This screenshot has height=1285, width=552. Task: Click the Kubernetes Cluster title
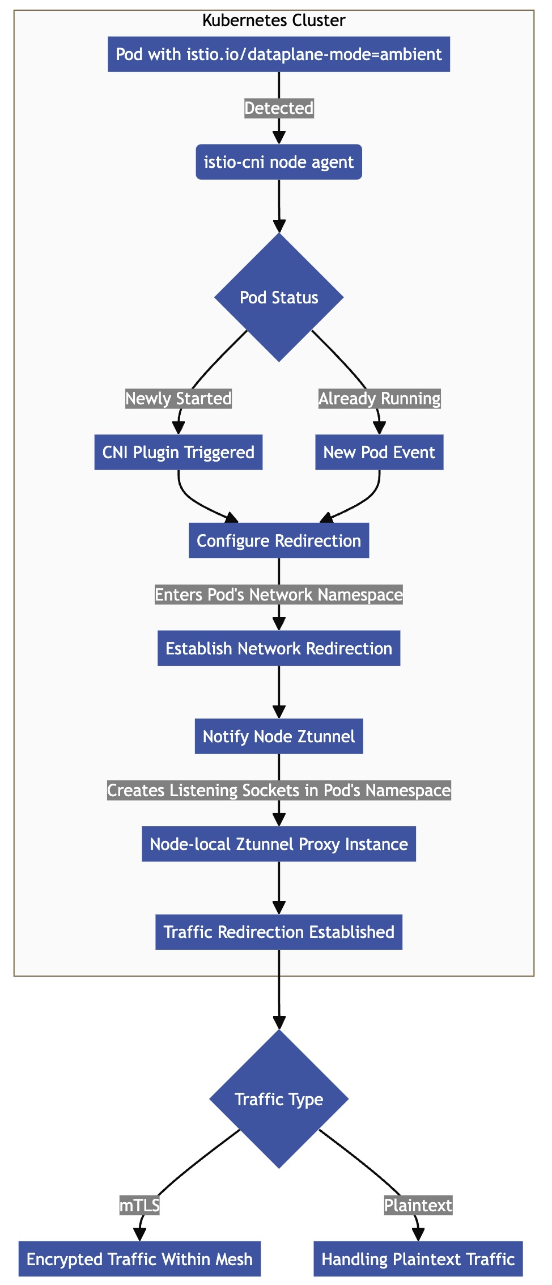[x=274, y=21]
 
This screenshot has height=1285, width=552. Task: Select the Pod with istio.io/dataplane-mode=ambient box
[x=279, y=54]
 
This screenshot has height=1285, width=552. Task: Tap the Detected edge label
[x=279, y=108]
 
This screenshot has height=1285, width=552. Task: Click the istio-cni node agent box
[x=279, y=162]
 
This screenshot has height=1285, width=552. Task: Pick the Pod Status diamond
[x=279, y=298]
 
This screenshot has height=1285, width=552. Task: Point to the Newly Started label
[x=179, y=399]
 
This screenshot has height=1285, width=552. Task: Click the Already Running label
[x=380, y=399]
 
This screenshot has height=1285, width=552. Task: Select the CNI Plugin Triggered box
[x=179, y=453]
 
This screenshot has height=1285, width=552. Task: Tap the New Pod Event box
[x=379, y=453]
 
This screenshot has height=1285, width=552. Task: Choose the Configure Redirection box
[x=279, y=540]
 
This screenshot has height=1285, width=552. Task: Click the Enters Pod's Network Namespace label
[x=279, y=594]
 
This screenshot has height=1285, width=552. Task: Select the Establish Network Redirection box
[x=279, y=648]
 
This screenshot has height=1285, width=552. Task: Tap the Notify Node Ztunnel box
[x=279, y=737]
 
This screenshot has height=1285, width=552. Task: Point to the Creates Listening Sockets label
[x=279, y=791]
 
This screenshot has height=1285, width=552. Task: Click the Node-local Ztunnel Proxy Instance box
[x=279, y=844]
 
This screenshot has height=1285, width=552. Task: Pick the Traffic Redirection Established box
[x=279, y=932]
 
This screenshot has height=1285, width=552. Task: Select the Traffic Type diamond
[x=279, y=1100]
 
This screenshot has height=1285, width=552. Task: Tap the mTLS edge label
[x=139, y=1206]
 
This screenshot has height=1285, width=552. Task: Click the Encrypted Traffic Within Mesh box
[x=139, y=1259]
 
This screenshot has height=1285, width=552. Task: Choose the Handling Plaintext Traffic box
[x=418, y=1259]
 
